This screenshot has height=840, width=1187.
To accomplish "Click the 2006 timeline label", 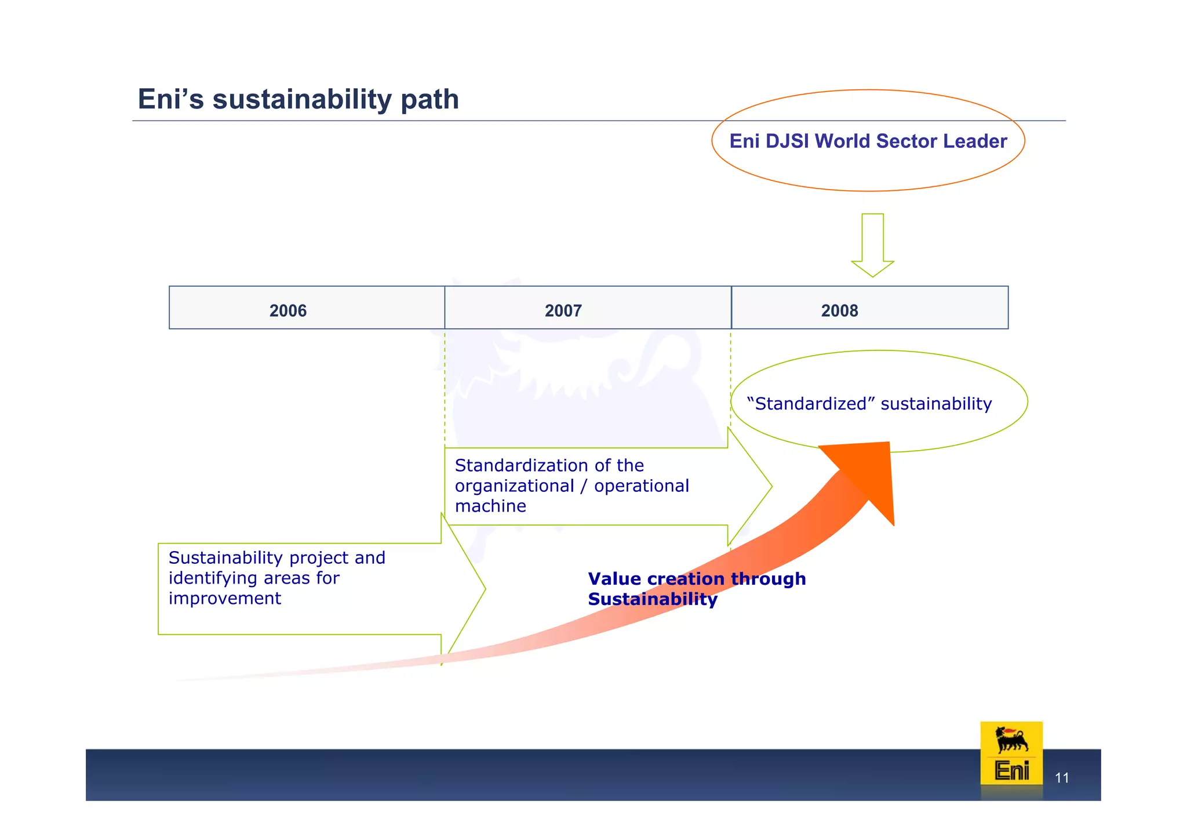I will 288,311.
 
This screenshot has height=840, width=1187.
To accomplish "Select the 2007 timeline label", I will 563,311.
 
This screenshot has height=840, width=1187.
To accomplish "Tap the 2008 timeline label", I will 839,311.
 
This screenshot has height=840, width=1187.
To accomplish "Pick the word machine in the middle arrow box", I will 490,506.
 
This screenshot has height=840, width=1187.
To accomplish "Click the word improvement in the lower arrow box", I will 225,598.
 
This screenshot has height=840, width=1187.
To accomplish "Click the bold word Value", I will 614,579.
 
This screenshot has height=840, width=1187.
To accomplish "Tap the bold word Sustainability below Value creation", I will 653,599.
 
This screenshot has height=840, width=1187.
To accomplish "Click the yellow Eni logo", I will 1011,754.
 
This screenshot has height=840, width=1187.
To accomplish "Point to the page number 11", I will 1062,778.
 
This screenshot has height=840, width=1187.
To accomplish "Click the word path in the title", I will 429,99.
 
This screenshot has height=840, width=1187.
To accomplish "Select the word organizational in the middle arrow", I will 514,486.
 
